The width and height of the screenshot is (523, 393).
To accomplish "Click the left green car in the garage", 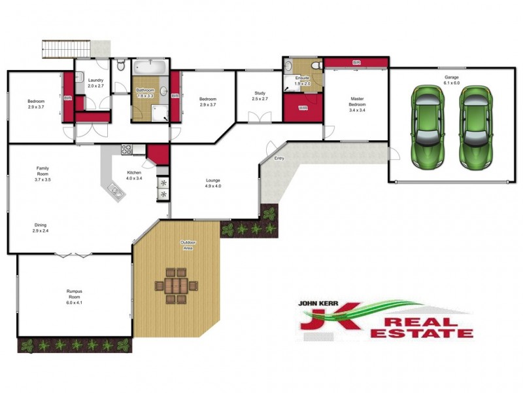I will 428,125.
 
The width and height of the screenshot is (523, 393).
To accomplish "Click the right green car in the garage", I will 475,125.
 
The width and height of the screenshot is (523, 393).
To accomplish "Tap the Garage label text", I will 452,81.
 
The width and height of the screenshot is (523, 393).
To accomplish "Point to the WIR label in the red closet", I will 303,107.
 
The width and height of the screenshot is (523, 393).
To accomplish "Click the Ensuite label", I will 301,81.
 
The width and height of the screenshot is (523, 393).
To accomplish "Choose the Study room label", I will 260,96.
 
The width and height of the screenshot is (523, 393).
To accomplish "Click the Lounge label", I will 213,183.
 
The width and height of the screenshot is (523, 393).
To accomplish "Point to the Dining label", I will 41,228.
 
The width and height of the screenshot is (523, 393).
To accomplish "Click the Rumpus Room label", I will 77,297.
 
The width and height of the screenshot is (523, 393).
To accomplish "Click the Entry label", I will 279,158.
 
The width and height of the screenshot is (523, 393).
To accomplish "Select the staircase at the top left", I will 65,48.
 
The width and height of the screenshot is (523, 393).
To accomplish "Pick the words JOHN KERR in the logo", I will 320,304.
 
